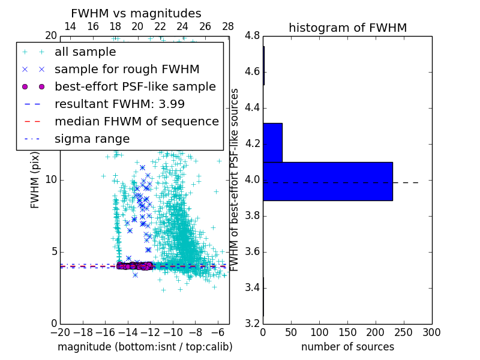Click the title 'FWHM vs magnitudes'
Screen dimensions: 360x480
(x=136, y=13)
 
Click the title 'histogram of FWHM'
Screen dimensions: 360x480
(x=347, y=28)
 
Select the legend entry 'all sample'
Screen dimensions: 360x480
(x=85, y=52)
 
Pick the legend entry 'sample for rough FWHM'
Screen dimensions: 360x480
(x=127, y=69)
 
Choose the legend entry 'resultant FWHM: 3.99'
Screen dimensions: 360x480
(x=119, y=104)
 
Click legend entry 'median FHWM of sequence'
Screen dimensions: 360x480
(x=136, y=121)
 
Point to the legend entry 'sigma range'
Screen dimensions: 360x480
(x=92, y=139)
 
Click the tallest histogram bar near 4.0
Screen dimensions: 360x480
(x=328, y=181)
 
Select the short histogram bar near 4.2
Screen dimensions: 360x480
(x=272, y=142)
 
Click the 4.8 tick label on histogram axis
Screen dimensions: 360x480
(x=252, y=36)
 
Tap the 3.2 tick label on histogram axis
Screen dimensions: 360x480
(x=252, y=323)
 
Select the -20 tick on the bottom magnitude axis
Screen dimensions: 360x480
(x=60, y=332)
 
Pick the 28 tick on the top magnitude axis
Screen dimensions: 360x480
(x=228, y=26)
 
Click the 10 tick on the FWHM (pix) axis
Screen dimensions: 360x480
(x=51, y=179)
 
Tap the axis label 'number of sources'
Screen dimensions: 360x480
(x=347, y=347)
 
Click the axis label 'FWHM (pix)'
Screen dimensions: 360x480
(x=35, y=179)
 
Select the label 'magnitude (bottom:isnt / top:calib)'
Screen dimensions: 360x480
(x=145, y=347)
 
